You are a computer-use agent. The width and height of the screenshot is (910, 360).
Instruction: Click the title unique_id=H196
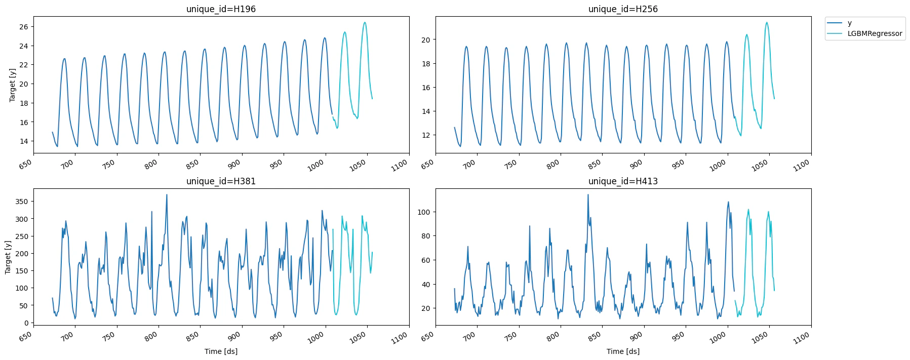[x=221, y=9]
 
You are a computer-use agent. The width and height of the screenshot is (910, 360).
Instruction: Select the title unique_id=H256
[x=623, y=9]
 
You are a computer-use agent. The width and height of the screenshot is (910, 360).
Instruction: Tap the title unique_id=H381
[x=221, y=181]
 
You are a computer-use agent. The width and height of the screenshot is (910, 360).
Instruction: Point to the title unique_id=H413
[x=623, y=181]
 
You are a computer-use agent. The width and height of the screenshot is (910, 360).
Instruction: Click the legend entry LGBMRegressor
[x=875, y=34]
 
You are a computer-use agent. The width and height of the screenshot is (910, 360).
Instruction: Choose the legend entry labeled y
[x=849, y=23]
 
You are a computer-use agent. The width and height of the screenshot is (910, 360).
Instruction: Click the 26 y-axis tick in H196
[x=23, y=27]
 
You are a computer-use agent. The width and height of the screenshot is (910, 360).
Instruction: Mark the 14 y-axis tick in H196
[x=23, y=141]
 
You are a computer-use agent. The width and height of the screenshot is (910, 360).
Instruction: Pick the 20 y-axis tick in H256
[x=425, y=40]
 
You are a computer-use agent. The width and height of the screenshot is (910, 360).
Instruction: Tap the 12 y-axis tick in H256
[x=425, y=135]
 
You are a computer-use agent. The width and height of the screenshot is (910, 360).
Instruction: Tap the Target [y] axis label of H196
[x=13, y=85]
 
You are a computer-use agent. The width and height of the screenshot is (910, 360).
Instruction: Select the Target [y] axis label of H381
[x=8, y=257]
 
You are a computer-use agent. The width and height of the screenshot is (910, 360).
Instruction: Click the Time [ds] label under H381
[x=221, y=351]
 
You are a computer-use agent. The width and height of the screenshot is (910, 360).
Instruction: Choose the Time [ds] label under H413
[x=623, y=351]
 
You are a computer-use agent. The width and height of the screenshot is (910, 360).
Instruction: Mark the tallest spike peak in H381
[x=167, y=194]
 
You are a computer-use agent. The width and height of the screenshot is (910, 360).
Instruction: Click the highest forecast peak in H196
[x=365, y=22]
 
